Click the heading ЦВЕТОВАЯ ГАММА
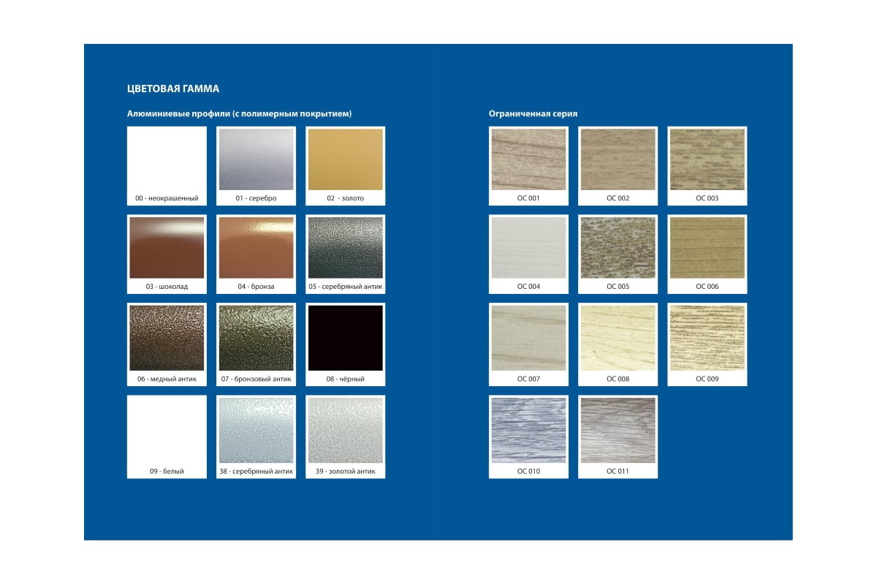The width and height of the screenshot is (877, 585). [173, 89]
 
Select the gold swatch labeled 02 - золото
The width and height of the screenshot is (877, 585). [345, 159]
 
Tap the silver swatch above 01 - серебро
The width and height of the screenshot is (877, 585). [256, 159]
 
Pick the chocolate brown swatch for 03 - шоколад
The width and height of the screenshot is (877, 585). [167, 248]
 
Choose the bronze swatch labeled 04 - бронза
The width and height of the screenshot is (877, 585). [256, 248]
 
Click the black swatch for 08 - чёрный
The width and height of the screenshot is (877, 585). [345, 338]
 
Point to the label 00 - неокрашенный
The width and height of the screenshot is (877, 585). [167, 198]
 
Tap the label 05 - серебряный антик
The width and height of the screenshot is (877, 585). [345, 287]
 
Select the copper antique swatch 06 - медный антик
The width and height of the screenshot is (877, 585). [167, 338]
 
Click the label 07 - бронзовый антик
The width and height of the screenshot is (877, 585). [256, 379]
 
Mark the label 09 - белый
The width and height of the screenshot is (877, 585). [167, 471]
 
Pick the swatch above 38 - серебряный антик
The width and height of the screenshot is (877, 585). [256, 430]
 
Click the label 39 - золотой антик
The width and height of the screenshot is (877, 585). [345, 471]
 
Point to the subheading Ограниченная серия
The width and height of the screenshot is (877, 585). [533, 113]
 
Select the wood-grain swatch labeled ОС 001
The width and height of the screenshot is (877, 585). [528, 159]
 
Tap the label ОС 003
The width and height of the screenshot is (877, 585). [707, 198]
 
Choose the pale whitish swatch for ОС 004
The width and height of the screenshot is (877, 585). [528, 248]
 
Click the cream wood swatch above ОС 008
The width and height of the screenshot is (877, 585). [618, 338]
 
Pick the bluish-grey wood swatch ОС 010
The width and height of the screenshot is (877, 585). [528, 430]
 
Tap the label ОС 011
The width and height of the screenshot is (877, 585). [618, 471]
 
